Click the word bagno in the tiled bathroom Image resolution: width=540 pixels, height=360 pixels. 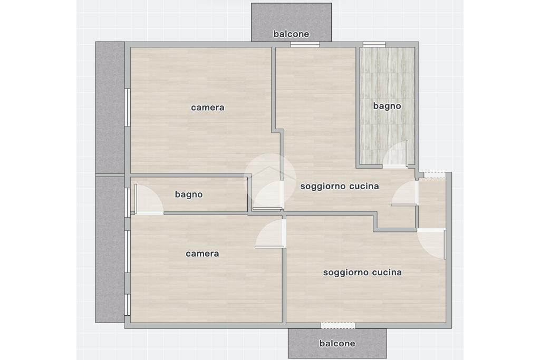[387, 106]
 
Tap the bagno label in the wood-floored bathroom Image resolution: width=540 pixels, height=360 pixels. [189, 194]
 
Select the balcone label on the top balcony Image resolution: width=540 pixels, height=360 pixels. [291, 34]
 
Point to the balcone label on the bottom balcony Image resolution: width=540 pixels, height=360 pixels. [337, 344]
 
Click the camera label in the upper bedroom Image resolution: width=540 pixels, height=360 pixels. [208, 108]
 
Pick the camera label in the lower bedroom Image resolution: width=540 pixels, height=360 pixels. [202, 254]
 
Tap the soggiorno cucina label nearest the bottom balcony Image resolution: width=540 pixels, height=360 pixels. [362, 273]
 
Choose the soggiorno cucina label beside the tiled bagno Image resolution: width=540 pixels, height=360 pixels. [340, 186]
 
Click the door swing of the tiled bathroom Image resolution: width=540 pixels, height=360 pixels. [396, 154]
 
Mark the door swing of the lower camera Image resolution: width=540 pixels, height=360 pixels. [271, 233]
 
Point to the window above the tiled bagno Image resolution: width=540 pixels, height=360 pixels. [374, 44]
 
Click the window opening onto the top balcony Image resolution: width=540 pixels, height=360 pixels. [305, 44]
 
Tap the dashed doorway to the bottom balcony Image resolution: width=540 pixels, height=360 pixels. [338, 326]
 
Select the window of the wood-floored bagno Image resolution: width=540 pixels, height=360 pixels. [127, 202]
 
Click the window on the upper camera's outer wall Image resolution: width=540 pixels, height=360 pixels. [127, 108]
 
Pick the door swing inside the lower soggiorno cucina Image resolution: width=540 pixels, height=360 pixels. [431, 244]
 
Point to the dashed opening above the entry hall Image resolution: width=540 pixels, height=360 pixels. [435, 176]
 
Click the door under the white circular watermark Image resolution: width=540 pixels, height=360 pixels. [268, 195]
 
